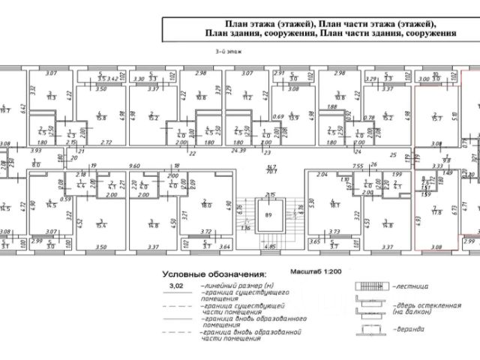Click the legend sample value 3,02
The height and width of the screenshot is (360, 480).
click(x=177, y=286)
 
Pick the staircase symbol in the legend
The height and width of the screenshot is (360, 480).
click(x=368, y=286)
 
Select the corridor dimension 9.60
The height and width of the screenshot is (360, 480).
click(x=135, y=165)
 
